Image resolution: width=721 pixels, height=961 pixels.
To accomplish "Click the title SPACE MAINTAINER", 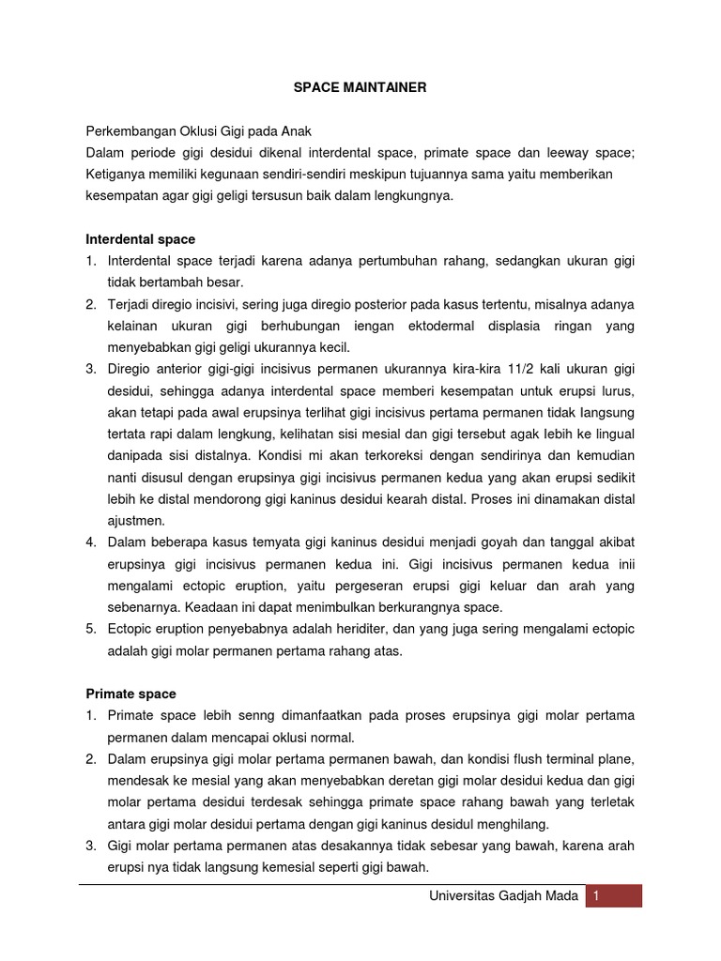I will click(x=360, y=87).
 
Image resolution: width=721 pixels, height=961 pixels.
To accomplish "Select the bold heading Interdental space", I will click(x=140, y=239).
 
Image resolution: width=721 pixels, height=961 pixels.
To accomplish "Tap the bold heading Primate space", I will click(x=130, y=694).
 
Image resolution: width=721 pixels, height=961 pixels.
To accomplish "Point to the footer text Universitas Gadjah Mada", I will click(x=503, y=895).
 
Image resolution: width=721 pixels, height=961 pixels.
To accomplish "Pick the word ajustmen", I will click(x=136, y=520).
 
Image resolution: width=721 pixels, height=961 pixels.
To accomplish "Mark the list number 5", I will click(x=91, y=629).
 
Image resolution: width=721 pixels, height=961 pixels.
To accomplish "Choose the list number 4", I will click(x=91, y=542).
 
